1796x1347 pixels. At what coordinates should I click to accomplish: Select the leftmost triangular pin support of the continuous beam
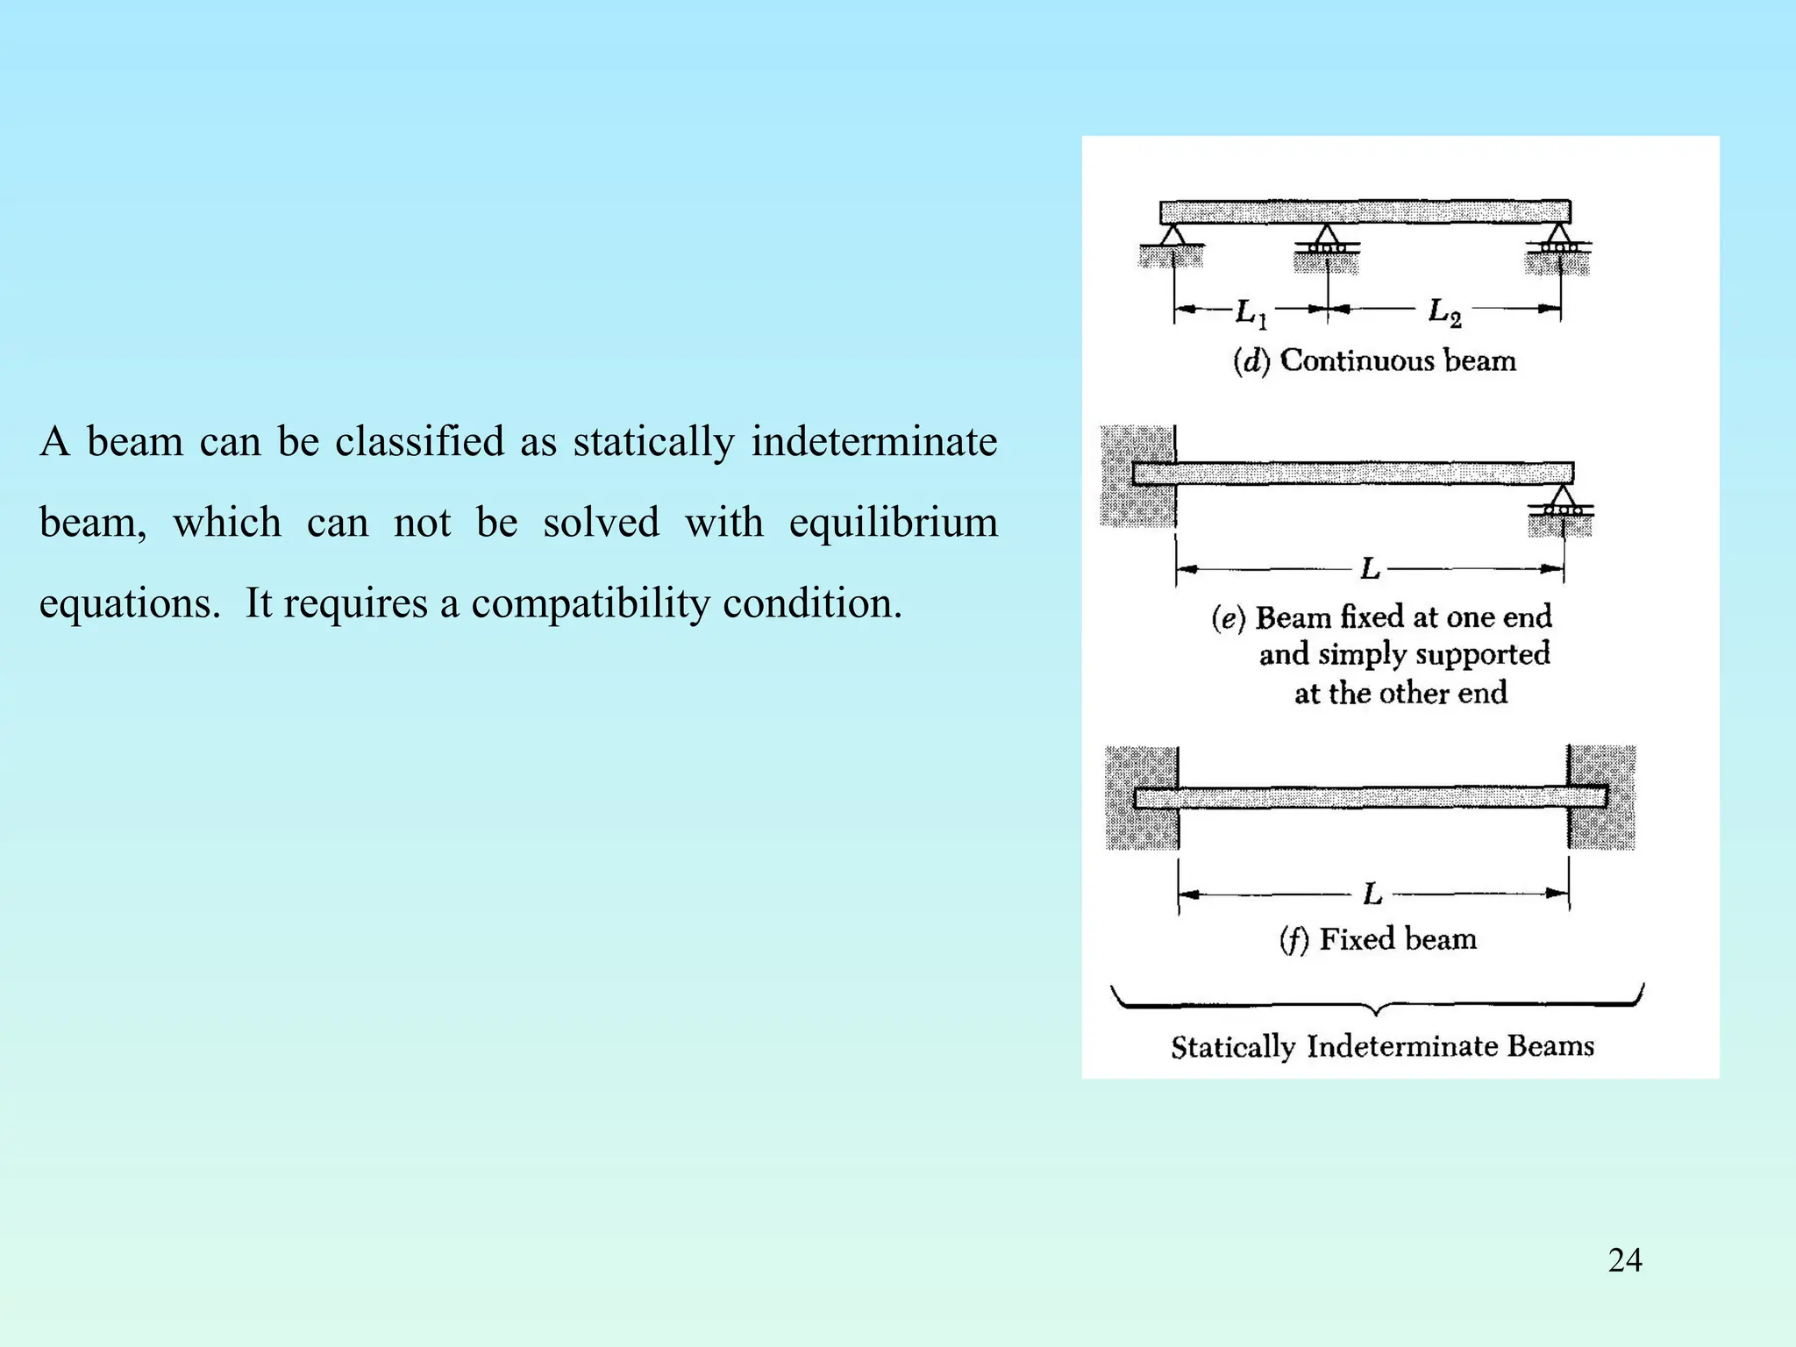(1172, 236)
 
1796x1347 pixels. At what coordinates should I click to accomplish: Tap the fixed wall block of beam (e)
(1137, 476)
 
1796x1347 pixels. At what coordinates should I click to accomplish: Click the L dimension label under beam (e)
(1371, 570)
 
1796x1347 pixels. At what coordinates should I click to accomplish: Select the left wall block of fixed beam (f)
(1141, 798)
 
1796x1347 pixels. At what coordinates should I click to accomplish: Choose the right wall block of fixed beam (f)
(1602, 797)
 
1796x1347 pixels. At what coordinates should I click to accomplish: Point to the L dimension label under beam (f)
(1373, 894)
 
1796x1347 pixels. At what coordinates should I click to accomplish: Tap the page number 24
(1625, 1260)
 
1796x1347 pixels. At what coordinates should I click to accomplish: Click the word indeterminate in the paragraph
(873, 441)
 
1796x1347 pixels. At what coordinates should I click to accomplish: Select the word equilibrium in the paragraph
(893, 523)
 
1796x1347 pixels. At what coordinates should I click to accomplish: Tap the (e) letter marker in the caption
(1228, 618)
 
